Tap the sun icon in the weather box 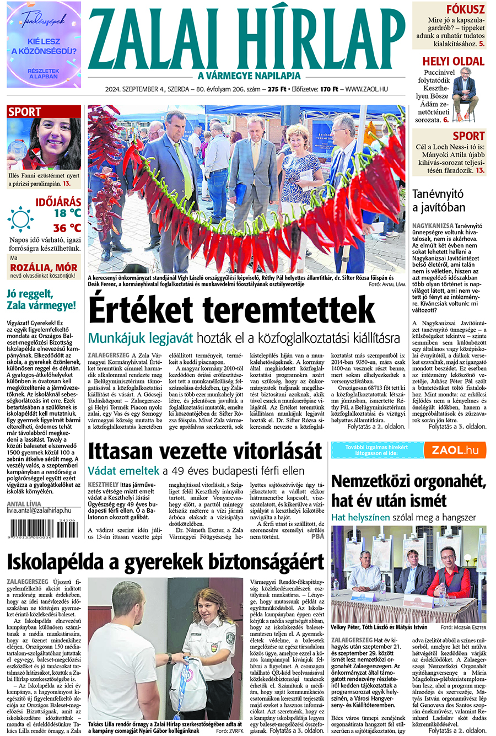point(21,219)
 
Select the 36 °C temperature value point(67,228)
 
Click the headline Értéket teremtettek point(231,310)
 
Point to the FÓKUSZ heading point(465,9)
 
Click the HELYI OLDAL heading point(453,61)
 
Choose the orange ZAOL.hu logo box point(462,450)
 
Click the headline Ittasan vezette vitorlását point(205,450)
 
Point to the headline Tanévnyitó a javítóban point(439,201)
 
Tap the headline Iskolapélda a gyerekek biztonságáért point(165,561)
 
